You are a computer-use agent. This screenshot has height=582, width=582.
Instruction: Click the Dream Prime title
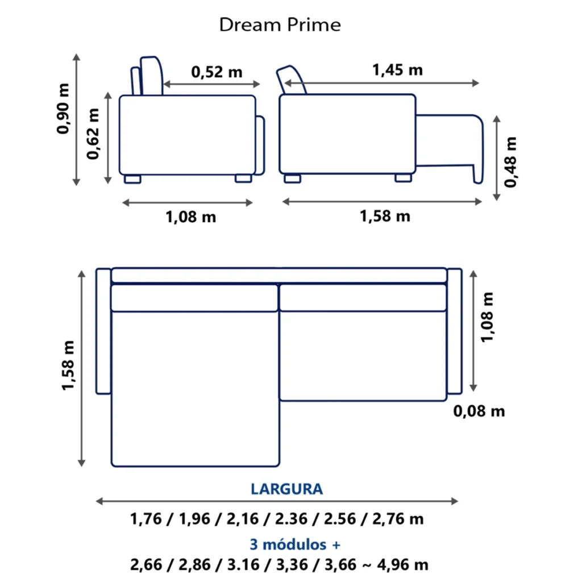[280, 25]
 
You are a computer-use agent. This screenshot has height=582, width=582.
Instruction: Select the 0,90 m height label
[63, 109]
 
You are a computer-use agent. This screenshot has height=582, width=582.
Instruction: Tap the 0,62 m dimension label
[93, 134]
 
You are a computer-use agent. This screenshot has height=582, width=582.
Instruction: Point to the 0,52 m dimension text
[217, 72]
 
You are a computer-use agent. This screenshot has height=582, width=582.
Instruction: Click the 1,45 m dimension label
[397, 70]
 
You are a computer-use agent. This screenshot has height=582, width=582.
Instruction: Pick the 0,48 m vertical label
[510, 162]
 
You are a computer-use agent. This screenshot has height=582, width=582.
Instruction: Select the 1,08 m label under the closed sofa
[191, 217]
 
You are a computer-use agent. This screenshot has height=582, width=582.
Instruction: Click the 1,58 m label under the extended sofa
[385, 216]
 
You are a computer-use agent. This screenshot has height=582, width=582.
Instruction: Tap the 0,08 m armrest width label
[479, 411]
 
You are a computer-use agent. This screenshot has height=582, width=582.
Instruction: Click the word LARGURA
[286, 489]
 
